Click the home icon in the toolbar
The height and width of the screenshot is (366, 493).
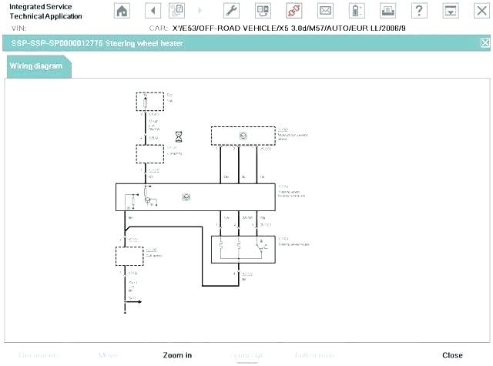pos(122,10)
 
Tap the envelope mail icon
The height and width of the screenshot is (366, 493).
pos(325,10)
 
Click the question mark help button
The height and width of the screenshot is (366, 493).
pos(418,10)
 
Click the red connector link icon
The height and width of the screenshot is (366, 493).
pos(293,10)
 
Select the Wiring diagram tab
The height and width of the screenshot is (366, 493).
pos(36,66)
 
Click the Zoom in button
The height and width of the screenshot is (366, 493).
pos(177,355)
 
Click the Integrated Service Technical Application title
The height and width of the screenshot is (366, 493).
pos(43,11)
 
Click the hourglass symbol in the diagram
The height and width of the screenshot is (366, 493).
pos(179,136)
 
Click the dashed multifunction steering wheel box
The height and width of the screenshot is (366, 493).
pos(243,136)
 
